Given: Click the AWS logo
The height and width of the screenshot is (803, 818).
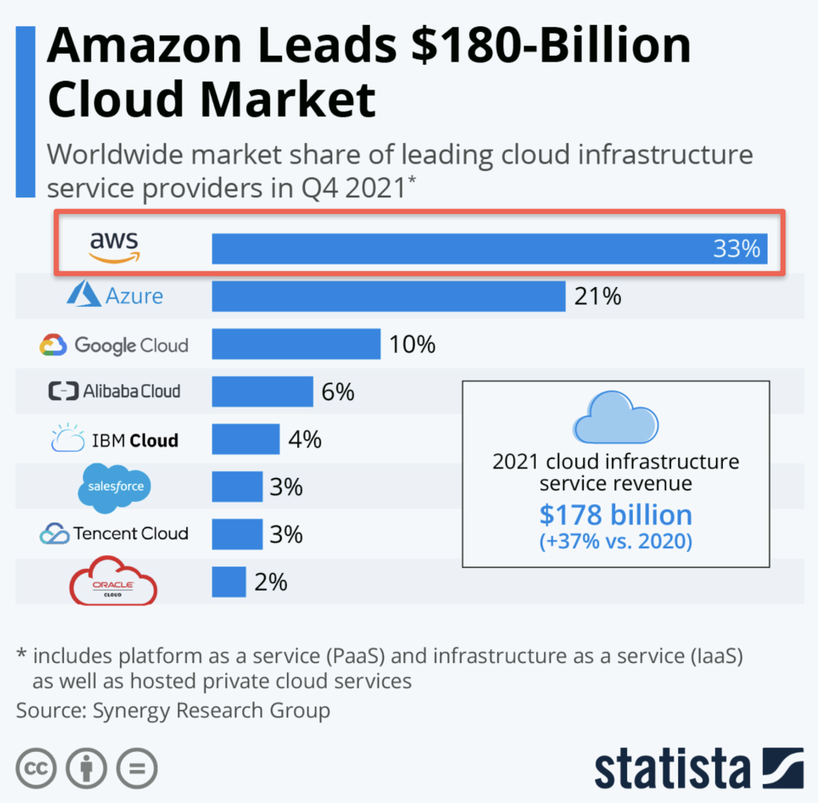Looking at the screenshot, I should [x=113, y=246].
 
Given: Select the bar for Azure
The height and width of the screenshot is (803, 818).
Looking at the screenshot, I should [x=388, y=296].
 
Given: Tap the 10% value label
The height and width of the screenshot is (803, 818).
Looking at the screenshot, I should [x=412, y=344].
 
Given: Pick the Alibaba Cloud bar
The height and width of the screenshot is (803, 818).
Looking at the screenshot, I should [x=262, y=392].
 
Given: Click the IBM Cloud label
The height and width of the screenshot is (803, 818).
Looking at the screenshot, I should [x=114, y=439].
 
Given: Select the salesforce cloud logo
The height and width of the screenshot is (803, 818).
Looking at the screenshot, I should [x=114, y=486].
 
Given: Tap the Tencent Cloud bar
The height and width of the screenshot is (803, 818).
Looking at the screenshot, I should [x=236, y=534].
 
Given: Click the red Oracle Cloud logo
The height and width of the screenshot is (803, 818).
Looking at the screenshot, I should [x=113, y=583].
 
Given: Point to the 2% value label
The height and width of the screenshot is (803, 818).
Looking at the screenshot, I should [x=270, y=582].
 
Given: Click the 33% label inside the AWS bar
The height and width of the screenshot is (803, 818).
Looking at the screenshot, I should [x=736, y=248].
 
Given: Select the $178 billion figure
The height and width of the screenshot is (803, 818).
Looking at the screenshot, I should [x=615, y=514].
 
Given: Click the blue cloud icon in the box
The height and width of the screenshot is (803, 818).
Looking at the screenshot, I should [x=615, y=418].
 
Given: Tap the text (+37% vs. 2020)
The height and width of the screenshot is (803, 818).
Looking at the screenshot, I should [x=615, y=541].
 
